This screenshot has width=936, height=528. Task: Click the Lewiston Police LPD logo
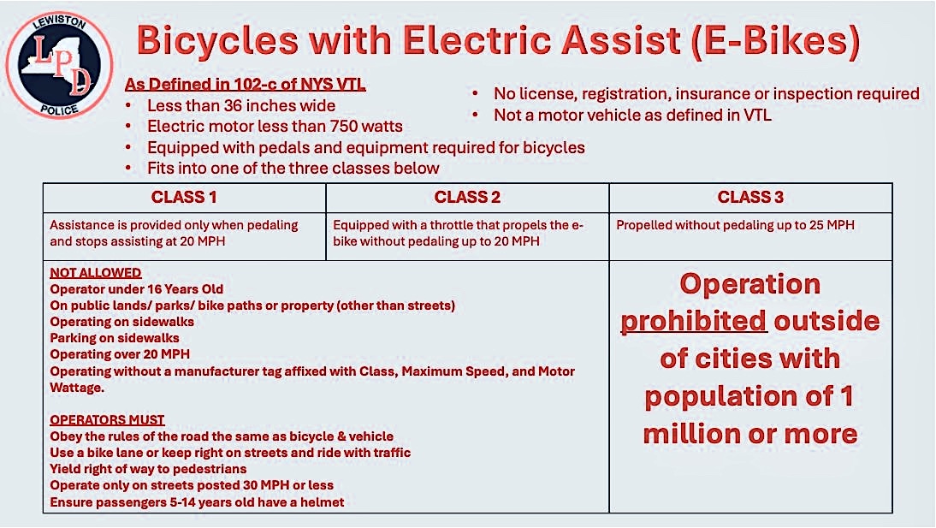pos(59,64)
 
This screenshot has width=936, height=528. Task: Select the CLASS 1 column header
pos(184,197)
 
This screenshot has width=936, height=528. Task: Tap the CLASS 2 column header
pos(467,197)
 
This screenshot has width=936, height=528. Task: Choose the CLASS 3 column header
pos(750,197)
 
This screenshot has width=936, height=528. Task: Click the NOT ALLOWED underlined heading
pos(96,273)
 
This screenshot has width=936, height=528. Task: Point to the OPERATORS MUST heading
pos(108,420)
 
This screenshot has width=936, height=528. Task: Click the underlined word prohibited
pos(694,322)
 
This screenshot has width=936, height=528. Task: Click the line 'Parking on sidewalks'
pos(115,338)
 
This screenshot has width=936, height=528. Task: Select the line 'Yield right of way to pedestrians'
pos(148,469)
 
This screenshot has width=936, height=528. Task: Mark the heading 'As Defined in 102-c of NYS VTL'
pos(246,84)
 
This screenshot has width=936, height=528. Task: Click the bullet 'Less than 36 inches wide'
pos(241,106)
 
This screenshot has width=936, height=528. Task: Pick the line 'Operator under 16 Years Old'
pos(137,289)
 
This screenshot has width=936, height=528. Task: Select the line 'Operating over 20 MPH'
pos(120,354)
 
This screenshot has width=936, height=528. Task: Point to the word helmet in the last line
pos(323,502)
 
